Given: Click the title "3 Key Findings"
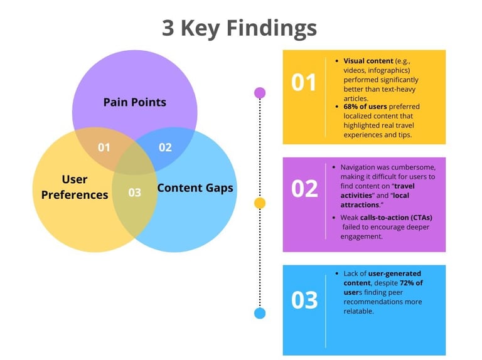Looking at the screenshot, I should tap(239, 28).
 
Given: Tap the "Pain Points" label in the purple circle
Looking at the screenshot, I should tap(134, 102).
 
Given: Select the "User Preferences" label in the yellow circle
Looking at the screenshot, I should tap(75, 187).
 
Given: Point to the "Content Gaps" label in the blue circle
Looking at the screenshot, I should tap(195, 188).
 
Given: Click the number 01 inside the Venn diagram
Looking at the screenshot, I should tap(104, 147).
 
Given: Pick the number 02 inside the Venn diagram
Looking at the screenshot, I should tap(165, 147).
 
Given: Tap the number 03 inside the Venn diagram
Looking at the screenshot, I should tap(134, 193).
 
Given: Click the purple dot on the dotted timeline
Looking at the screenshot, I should tap(260, 93).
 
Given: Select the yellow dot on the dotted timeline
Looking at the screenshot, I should tap(260, 203).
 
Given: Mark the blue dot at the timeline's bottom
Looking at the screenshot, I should tap(260, 313).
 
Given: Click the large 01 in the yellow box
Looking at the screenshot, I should tap(304, 83).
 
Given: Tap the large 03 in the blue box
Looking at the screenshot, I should tap(304, 300).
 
